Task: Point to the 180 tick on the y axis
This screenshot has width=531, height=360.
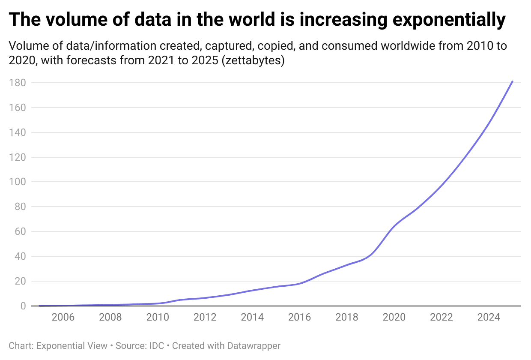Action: [x=16, y=83]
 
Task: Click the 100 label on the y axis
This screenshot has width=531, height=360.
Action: [x=16, y=182]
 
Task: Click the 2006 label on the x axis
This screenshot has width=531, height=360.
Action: [x=63, y=318]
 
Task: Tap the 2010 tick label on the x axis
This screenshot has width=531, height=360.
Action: [x=157, y=318]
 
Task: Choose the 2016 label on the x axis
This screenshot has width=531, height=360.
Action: [x=299, y=318]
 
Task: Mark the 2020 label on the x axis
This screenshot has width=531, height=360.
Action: [x=394, y=318]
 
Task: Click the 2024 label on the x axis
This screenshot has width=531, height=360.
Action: [x=489, y=318]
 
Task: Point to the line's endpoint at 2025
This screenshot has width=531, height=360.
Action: [x=512, y=81]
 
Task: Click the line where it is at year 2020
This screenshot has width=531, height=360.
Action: [x=394, y=226]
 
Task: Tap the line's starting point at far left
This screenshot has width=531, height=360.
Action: [x=39, y=306]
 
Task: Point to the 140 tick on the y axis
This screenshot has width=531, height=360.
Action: [x=16, y=132]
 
